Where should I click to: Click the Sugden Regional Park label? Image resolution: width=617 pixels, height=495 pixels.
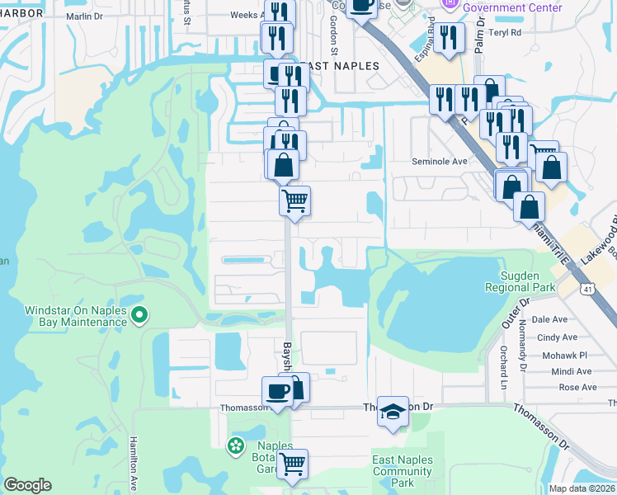[x=528, y=281]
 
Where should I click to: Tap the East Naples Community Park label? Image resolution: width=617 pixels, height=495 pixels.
[x=402, y=471]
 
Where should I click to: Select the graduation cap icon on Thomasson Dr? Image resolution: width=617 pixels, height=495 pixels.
[x=393, y=411]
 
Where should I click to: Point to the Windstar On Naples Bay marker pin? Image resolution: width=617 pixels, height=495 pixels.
[x=139, y=314]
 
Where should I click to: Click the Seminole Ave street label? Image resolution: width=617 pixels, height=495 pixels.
[x=440, y=162]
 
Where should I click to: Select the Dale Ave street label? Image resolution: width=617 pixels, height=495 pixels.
[x=549, y=319]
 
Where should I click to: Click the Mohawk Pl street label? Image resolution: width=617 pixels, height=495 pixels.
[x=558, y=355]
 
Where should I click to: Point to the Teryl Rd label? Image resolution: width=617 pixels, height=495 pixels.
[x=506, y=33]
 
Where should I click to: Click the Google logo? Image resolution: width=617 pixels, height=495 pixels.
[x=27, y=485]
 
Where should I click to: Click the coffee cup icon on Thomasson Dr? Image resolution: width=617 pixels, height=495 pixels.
[x=277, y=391]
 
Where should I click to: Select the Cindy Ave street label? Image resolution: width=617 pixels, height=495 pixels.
[x=557, y=337]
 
